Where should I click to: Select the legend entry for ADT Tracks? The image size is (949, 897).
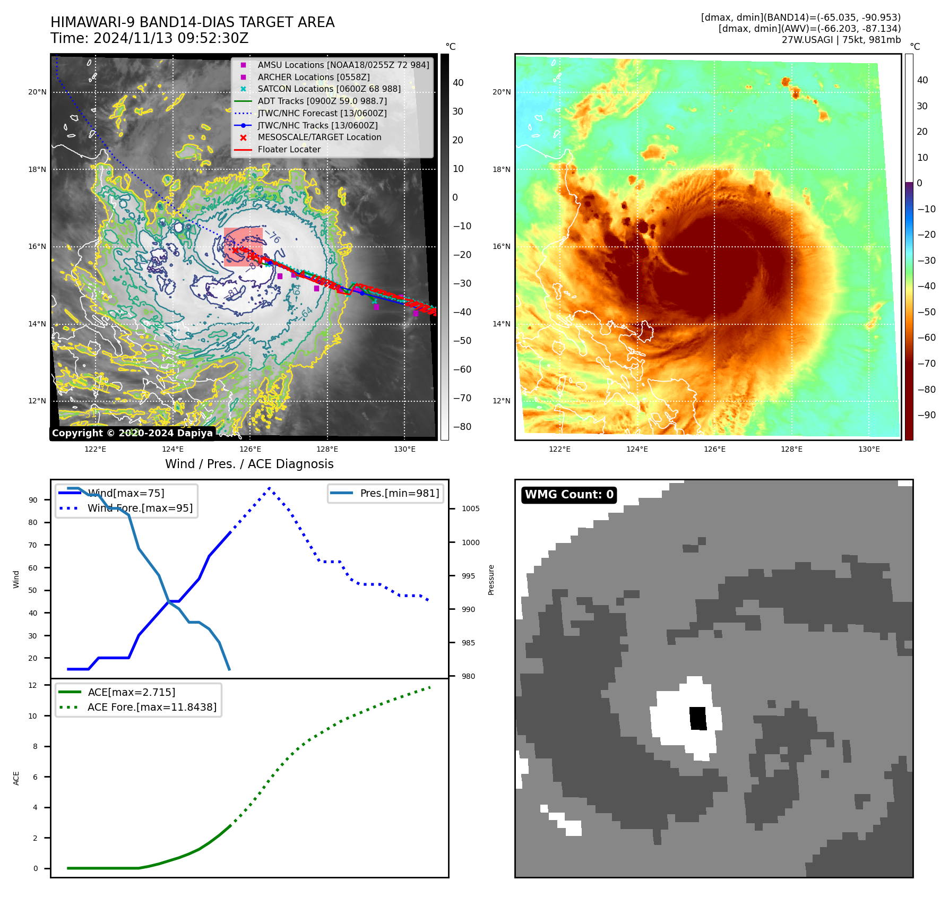click(x=322, y=101)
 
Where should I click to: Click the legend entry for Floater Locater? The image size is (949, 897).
click(x=289, y=150)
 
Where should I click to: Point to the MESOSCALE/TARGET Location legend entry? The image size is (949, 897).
click(x=319, y=137)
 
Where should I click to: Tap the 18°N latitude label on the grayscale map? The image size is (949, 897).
click(x=37, y=170)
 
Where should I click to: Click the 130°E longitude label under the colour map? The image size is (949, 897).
click(x=869, y=450)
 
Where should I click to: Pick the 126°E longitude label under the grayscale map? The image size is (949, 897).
click(x=250, y=450)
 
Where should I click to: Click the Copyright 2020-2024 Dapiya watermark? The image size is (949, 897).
click(x=132, y=433)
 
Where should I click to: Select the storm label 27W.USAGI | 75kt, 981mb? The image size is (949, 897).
click(x=841, y=40)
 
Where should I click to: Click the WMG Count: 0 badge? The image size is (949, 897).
click(x=569, y=495)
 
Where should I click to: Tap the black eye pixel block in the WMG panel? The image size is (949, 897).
click(x=698, y=718)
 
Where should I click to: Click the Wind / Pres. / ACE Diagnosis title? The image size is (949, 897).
click(x=249, y=464)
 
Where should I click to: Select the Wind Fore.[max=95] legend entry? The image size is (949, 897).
click(x=140, y=508)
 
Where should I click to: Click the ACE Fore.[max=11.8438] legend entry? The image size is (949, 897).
click(x=152, y=708)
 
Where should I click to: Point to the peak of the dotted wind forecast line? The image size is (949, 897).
click(x=270, y=488)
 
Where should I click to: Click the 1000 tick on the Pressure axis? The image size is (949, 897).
click(x=470, y=542)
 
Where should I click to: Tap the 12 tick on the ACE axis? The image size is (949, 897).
click(x=33, y=685)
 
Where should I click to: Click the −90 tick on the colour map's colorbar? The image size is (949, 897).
click(x=926, y=415)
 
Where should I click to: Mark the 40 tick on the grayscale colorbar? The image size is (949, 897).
click(x=458, y=83)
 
